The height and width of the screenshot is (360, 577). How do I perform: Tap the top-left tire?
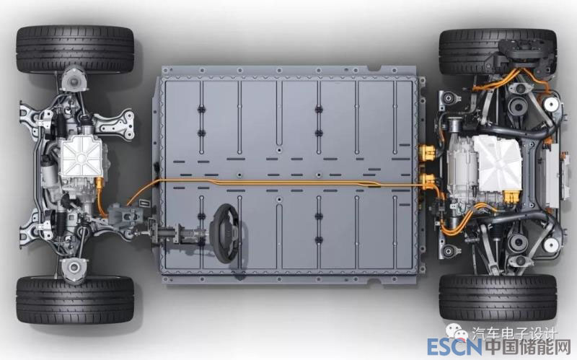[x=75, y=49]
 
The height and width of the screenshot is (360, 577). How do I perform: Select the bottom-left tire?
[x=75, y=300]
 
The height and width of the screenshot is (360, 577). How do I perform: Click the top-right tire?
[x=498, y=51]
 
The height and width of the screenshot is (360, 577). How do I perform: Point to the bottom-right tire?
[x=498, y=297]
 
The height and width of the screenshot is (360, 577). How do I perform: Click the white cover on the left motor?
[x=81, y=155]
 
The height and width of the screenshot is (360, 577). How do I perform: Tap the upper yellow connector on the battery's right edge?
[x=426, y=152]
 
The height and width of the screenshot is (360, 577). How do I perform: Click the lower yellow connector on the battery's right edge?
[x=426, y=181]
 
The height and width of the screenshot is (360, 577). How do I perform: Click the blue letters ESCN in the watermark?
[x=455, y=347]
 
